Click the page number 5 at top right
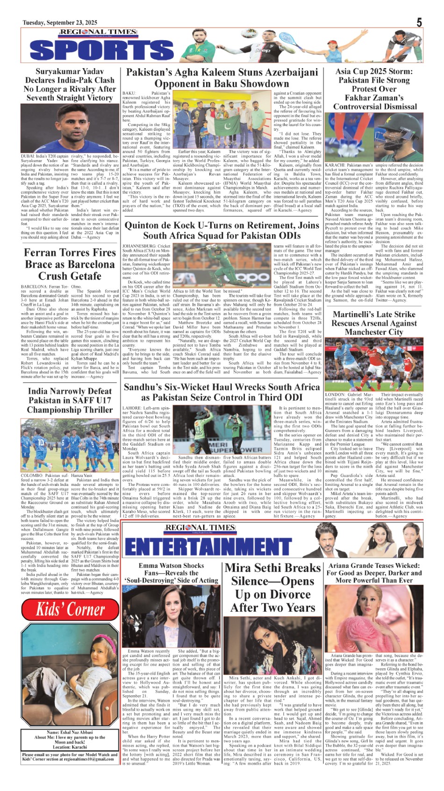[x=419, y=22]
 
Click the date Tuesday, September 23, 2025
[x=60, y=22]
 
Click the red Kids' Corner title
[x=71, y=609]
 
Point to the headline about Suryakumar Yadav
[x=70, y=84]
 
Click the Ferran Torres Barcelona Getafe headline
[x=70, y=264]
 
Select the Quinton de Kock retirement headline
[x=222, y=230]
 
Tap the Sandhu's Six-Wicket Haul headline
[x=222, y=392]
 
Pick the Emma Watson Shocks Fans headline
[x=171, y=573]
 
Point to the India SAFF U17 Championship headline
[x=70, y=400]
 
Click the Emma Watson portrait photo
[x=171, y=616]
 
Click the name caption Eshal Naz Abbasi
[x=70, y=732]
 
